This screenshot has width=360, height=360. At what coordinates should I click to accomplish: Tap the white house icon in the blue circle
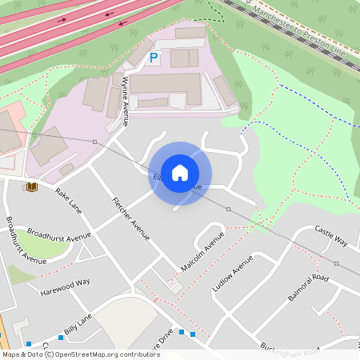point(180,172)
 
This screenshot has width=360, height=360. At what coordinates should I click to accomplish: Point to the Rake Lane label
point(69,199)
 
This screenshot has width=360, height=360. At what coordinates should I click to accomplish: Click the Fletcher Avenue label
point(130,218)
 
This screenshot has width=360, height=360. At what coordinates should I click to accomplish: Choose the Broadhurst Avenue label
point(59,235)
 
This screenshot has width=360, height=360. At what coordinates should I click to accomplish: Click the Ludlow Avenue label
point(232,273)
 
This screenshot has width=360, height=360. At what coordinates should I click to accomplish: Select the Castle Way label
point(331,236)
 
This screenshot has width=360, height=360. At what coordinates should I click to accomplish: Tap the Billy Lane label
point(78,324)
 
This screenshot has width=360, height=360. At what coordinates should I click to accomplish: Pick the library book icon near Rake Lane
point(31,187)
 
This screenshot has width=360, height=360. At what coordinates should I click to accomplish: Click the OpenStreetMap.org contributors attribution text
point(106,354)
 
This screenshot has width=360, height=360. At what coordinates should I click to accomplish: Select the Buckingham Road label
point(288,350)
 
